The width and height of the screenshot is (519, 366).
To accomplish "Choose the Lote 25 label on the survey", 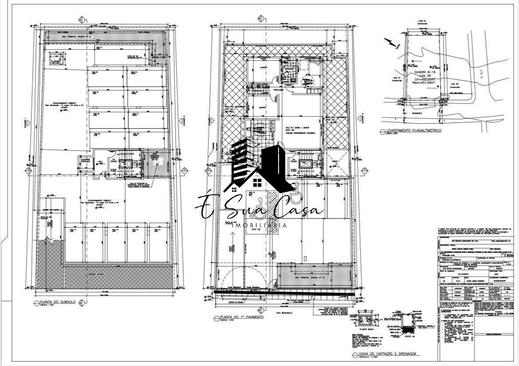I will (x=454, y=83).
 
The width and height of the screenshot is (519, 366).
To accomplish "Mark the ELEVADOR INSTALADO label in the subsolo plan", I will (x=86, y=159).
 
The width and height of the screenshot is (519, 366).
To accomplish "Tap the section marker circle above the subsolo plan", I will (x=81, y=20).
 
